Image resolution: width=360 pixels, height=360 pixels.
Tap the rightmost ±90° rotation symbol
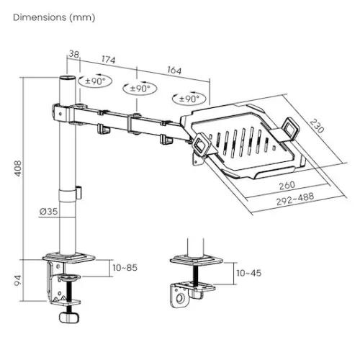pos(186,99)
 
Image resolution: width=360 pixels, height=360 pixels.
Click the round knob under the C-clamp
pos(68,318)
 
